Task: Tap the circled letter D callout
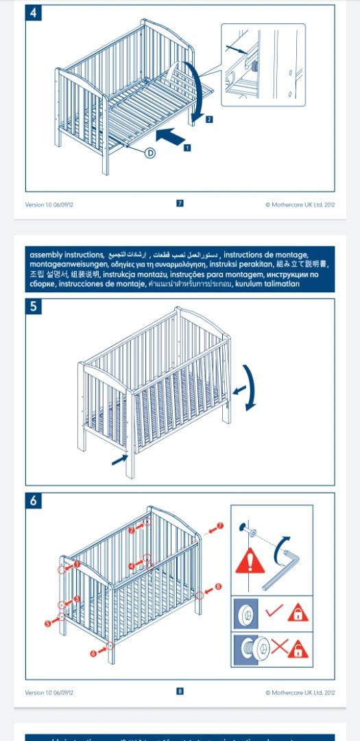click(x=150, y=153)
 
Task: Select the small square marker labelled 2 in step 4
click(x=209, y=119)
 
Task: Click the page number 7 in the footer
click(x=180, y=203)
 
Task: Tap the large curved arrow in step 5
click(x=250, y=387)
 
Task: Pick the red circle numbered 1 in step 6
click(x=76, y=564)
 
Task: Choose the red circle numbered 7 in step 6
click(x=219, y=526)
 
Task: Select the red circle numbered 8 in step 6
click(x=218, y=587)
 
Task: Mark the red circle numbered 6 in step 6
click(x=94, y=653)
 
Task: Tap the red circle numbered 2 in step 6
click(x=132, y=530)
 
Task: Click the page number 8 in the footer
click(x=180, y=692)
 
